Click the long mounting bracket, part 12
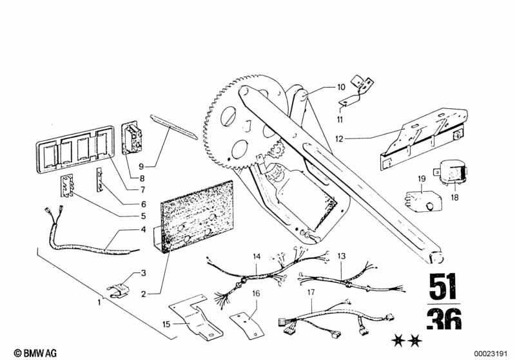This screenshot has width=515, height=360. [x=419, y=137]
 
